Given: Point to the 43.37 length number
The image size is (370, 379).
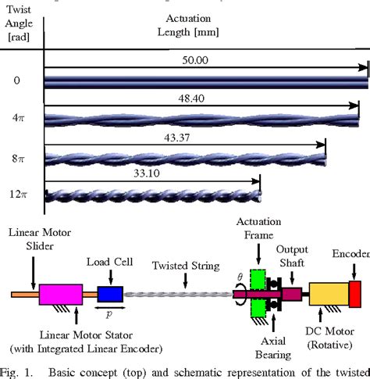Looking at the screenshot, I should tap(178, 138).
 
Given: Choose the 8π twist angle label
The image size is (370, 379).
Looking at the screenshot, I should tap(17, 158).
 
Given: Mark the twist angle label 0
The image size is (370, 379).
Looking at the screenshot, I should tap(17, 80).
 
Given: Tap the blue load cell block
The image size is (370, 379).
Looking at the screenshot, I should tap(110, 295).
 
